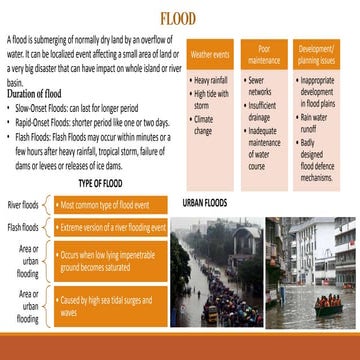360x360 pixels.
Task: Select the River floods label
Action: coord(23,204)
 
